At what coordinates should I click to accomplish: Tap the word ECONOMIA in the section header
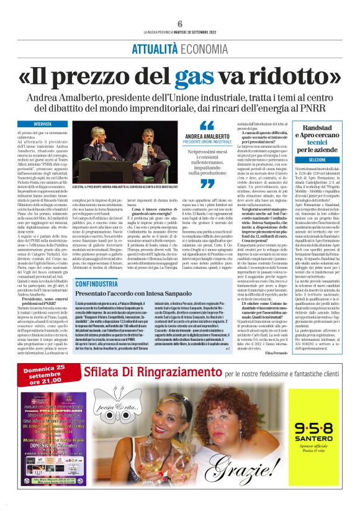tap(205, 48)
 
